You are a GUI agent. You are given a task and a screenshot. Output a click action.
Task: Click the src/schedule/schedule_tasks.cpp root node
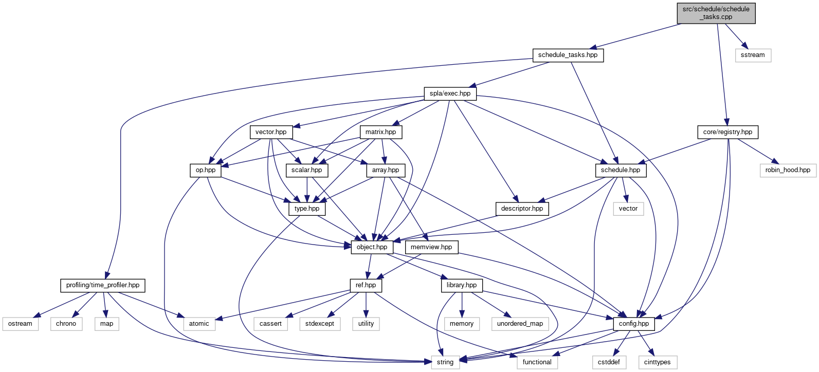[716, 13]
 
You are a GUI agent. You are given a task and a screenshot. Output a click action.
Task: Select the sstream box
[753, 55]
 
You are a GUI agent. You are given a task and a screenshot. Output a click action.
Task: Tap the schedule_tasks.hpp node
[568, 55]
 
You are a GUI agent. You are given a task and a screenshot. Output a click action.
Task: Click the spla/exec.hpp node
[450, 94]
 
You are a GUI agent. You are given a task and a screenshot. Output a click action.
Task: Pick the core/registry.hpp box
[727, 132]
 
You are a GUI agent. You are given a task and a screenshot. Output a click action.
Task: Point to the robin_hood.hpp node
[788, 170]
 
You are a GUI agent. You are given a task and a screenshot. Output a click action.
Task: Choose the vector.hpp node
[271, 132]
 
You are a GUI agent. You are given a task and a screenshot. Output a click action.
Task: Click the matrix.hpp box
[380, 132]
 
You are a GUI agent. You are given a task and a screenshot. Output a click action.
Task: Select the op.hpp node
[206, 170]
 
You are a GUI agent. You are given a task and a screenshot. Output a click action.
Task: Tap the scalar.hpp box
[306, 170]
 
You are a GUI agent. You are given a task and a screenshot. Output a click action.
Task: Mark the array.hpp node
[386, 170]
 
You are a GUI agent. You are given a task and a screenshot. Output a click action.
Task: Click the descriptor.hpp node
[522, 209]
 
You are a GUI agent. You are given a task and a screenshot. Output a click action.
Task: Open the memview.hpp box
[431, 247]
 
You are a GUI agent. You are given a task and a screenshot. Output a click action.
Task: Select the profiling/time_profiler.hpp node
[103, 285]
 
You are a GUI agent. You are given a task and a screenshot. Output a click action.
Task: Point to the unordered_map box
[520, 324]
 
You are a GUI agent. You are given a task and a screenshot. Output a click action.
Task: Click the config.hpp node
[634, 324]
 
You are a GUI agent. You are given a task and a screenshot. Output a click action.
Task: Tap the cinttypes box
[657, 362]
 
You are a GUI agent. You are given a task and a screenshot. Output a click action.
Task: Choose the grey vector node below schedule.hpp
[628, 209]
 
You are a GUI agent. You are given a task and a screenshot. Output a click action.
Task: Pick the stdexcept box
[319, 324]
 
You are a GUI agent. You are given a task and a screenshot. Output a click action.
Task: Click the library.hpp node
[461, 285]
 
